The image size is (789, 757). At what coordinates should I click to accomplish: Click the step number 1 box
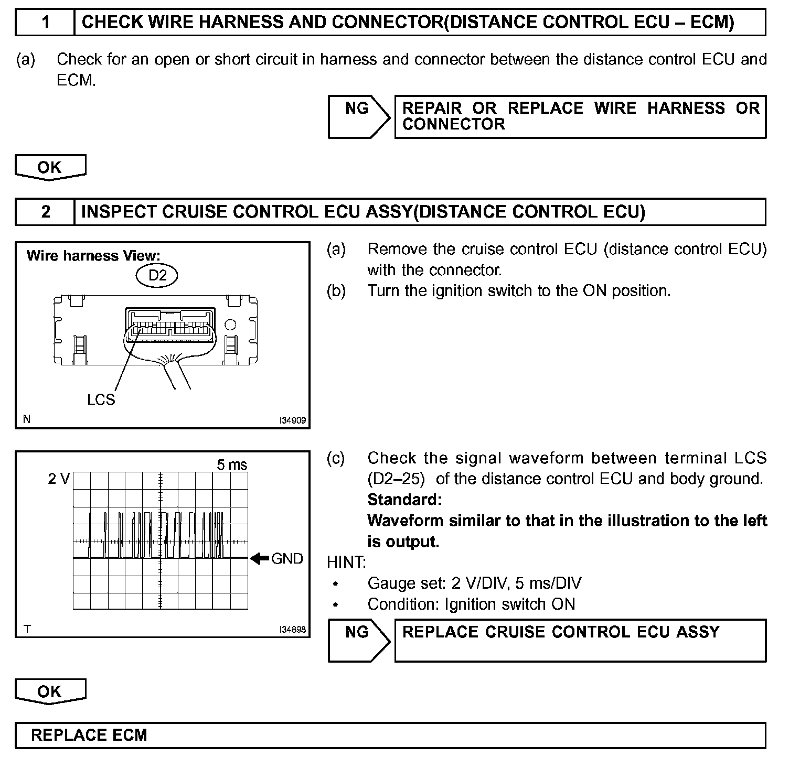click(46, 22)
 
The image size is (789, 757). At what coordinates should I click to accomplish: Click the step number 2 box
click(46, 212)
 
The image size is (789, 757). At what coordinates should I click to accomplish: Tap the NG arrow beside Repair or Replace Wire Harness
click(358, 116)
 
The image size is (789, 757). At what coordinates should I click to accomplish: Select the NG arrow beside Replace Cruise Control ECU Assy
click(358, 640)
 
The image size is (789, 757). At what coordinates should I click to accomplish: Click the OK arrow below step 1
click(50, 167)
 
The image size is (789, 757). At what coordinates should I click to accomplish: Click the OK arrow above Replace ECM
click(50, 691)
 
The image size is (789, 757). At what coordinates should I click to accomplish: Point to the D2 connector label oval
click(157, 275)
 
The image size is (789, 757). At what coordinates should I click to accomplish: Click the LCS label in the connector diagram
click(101, 399)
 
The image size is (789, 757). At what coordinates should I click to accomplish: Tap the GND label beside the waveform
click(287, 559)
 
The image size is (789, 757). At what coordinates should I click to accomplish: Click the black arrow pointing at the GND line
click(259, 559)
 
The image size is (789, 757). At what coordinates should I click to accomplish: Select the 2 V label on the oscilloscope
click(59, 479)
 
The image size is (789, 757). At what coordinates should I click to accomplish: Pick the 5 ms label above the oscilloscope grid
click(232, 465)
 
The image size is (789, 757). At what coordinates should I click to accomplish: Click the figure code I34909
click(293, 420)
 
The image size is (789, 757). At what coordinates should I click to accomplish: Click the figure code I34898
click(293, 630)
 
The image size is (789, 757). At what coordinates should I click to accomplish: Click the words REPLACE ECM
click(89, 735)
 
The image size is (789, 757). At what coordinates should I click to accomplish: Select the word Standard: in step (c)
click(404, 500)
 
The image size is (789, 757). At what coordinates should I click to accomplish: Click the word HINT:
click(346, 563)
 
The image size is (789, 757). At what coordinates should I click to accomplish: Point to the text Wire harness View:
click(93, 256)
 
